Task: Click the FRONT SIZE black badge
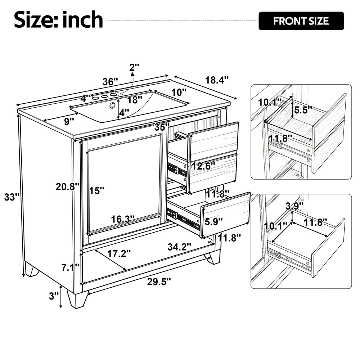click(x=301, y=21)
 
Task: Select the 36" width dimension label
click(x=110, y=81)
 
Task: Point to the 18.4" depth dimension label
click(x=217, y=80)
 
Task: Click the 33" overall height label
click(x=12, y=197)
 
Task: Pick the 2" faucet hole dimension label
click(x=134, y=67)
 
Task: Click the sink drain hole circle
click(x=112, y=105)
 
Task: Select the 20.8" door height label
click(x=68, y=186)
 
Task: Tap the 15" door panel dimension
click(x=96, y=190)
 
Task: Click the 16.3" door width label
click(x=123, y=219)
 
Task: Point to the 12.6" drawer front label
click(x=203, y=166)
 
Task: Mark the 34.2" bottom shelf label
click(x=179, y=247)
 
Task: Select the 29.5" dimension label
click(x=159, y=282)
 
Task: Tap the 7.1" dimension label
click(x=70, y=267)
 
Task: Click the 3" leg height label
click(x=54, y=296)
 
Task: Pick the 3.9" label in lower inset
click(x=294, y=206)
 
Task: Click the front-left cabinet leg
click(x=77, y=299)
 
